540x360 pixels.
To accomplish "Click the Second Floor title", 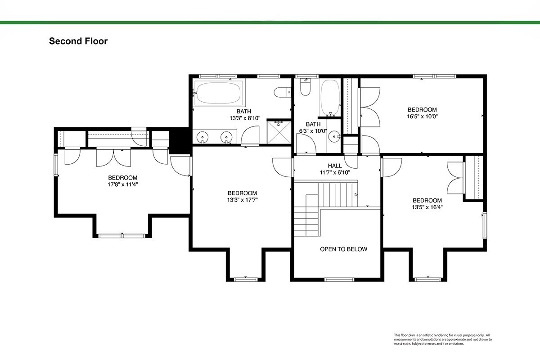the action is pos(78,41).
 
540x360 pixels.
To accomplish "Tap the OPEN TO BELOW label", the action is pos(343,249).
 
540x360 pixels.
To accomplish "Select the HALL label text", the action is pos(335,166).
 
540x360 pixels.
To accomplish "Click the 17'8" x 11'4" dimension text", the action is pos(123,184).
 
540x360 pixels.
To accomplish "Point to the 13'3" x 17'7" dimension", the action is pos(242,200).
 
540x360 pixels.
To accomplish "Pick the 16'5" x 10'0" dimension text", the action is pos(422,117).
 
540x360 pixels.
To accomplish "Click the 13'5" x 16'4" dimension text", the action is pos(427,207).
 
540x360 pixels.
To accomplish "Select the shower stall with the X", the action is pos(279,132).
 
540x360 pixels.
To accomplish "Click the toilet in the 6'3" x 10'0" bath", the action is pos(305,87).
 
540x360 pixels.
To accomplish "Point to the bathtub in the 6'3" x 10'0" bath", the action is pos(330,98).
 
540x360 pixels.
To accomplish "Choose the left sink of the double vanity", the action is pos(202,137).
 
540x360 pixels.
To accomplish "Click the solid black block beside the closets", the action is pos(179,140).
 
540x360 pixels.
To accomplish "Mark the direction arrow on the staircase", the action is pos(356,194).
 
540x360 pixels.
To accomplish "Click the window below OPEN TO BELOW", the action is pos(339,280).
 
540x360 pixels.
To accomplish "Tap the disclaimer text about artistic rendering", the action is pos(443,339).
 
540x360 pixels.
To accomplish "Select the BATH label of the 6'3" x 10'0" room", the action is pos(313,124).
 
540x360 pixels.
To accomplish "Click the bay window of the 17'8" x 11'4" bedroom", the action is pos(122,236).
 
